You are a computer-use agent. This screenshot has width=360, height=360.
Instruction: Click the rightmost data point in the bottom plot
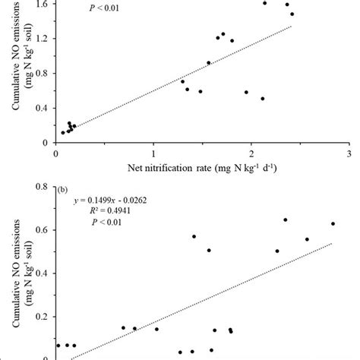click(x=333, y=223)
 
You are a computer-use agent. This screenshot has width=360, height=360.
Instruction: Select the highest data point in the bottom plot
click(x=286, y=220)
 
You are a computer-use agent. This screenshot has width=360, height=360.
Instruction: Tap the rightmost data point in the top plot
click(x=292, y=14)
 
